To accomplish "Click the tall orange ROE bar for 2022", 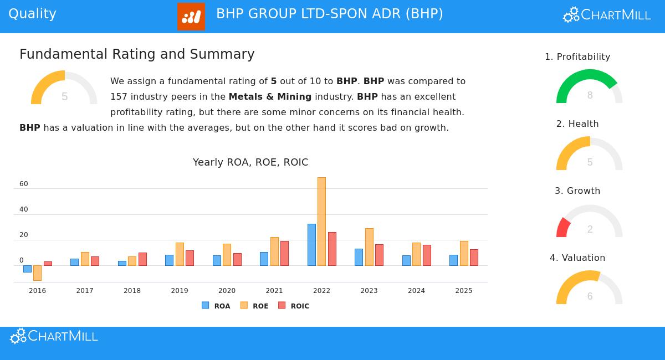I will pos(321,222).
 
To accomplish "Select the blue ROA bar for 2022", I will pos(311,245).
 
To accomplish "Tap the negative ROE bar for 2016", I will pos(37,273).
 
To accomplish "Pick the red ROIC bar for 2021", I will pos(284,253).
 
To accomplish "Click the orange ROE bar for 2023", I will pos(369,247).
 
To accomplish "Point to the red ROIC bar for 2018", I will pos(142,259).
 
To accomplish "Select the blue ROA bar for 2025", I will pos(453,260).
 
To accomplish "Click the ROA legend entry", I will pos(216,306).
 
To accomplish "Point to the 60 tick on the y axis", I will pos(24,184).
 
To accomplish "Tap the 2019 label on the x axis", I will pos(180,291).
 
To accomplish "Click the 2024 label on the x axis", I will pos(416,291).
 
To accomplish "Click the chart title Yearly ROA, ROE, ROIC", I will pos(250,162).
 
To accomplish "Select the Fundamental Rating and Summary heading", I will pos(137,54).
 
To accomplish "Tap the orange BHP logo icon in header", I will pos(191,17).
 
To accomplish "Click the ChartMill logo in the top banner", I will pos(607,15).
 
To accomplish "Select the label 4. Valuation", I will pos(577,258).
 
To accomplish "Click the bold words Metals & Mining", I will pos(270,96).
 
